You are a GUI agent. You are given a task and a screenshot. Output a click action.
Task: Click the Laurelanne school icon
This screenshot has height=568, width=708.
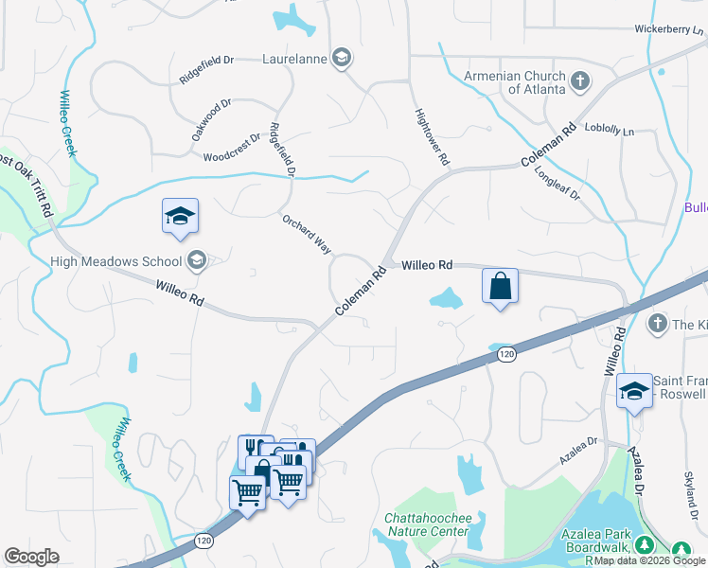coord(342,59)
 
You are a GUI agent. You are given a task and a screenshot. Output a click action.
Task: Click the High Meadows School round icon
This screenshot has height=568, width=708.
coord(197,260)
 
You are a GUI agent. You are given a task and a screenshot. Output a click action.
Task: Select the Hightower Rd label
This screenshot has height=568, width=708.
coord(431,138)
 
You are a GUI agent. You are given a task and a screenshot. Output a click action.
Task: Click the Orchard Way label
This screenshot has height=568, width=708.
coord(306,233)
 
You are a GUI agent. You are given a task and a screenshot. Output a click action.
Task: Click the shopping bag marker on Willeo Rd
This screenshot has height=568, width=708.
coord(500,286)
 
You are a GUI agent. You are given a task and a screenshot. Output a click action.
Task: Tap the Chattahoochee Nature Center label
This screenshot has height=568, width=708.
coord(426,524)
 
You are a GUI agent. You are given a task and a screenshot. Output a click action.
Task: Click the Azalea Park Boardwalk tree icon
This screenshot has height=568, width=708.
coord(644,544)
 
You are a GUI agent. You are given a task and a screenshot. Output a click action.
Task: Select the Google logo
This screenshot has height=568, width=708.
coord(31,557)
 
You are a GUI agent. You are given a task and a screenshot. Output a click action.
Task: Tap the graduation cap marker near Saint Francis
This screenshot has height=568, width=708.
coord(633,390)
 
